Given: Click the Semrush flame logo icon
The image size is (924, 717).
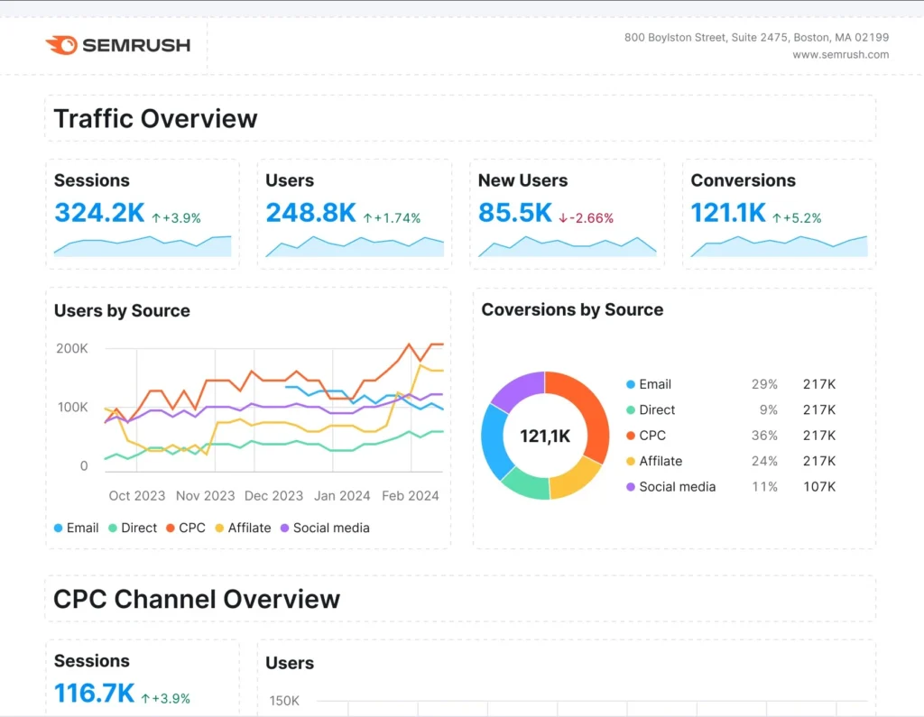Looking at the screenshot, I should tap(61, 45).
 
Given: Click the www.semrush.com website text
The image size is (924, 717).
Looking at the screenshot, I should tap(840, 55).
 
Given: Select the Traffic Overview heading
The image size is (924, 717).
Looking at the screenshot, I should tap(155, 119).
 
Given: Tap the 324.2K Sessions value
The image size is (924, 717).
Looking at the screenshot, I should tap(98, 213).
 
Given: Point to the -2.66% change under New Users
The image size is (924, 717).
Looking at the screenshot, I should tap(586, 218).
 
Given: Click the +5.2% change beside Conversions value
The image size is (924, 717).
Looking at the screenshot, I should tap(802, 218).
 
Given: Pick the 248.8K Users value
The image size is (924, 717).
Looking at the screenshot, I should tap(310, 213).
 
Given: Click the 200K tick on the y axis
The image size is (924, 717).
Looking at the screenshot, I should tap(71, 348).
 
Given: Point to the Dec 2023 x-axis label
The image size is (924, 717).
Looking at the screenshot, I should tap(273, 495).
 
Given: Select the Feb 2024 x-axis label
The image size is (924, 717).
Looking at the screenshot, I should tap(411, 495).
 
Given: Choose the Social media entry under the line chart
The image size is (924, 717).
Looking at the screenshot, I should tap(330, 529).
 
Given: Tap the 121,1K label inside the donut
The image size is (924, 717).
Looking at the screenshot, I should tap(545, 437).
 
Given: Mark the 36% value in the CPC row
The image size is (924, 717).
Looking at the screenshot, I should tap(764, 436).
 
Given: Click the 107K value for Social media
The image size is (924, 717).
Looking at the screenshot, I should tap(819, 487).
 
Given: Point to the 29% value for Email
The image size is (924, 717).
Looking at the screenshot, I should tap(764, 384).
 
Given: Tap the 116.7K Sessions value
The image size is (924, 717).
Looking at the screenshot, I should tap(94, 694).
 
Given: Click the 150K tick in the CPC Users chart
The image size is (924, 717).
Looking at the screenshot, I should tap(284, 702).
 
